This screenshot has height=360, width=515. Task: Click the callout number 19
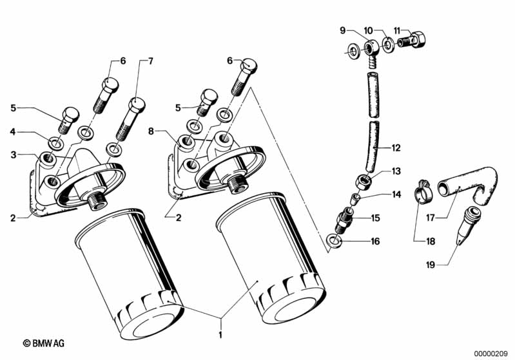click(x=431, y=265)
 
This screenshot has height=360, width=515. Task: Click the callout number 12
click(x=396, y=148)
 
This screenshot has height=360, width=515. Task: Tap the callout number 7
click(x=150, y=61)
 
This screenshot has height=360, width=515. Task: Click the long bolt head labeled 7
click(x=136, y=104)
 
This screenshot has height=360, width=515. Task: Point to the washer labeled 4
click(x=55, y=144)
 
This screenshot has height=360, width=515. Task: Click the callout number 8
click(x=151, y=131)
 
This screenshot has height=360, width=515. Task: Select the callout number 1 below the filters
click(x=220, y=335)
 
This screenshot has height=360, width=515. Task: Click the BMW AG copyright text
click(x=44, y=343)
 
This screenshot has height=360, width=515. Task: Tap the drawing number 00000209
click(x=491, y=354)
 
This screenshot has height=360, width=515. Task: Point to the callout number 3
click(x=13, y=155)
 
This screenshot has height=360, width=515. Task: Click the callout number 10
click(x=368, y=30)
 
